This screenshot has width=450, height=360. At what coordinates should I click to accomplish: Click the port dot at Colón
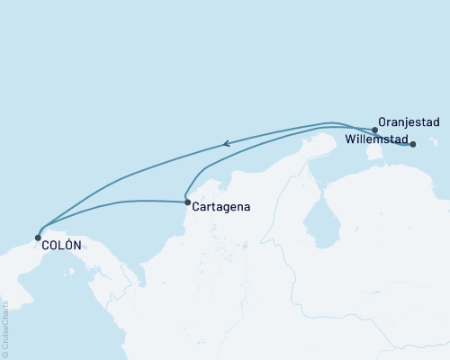(x=38, y=238)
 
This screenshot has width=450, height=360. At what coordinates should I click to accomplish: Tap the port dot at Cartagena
(x=187, y=202)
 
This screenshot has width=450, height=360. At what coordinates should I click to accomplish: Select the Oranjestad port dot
(x=374, y=130)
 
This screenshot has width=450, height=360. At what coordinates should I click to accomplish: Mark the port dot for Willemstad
(x=413, y=144)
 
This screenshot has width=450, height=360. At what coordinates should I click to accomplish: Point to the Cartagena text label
(x=220, y=207)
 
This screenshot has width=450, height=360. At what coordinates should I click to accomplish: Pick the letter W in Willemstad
(x=350, y=140)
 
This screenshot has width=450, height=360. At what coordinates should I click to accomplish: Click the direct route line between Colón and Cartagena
(x=117, y=202)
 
